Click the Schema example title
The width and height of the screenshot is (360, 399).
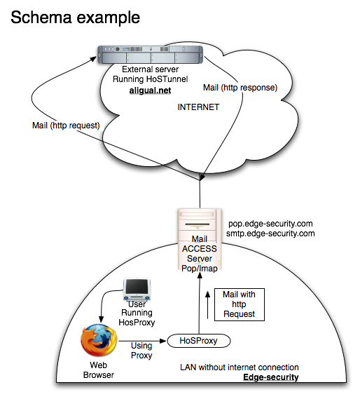coord(75,18)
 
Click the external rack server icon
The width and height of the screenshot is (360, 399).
coord(151,55)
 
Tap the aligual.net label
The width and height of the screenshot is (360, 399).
coord(150,90)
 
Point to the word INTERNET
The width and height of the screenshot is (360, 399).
coord(198,107)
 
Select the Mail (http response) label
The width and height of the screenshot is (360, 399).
coord(240,88)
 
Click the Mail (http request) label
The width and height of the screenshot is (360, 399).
coord(66,126)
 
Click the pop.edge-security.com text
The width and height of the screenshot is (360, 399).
coord(270,224)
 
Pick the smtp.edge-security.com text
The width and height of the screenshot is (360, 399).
coord(270,234)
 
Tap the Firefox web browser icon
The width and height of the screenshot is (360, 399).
coord(99,340)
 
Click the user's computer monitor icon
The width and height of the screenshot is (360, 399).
coord(137,290)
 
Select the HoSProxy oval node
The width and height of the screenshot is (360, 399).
coord(198,341)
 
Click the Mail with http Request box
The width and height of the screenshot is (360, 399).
coord(240,304)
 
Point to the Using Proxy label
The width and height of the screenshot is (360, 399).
coord(141,351)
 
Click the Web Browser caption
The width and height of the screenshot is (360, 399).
coord(98,370)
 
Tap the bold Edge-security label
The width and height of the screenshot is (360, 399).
coord(271,377)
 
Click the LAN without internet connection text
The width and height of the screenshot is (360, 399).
coord(240,367)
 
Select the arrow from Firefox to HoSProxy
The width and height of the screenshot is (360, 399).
coord(142,341)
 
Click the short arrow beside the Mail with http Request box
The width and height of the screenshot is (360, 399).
coord(208,305)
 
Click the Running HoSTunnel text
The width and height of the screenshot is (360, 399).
coord(151,79)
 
